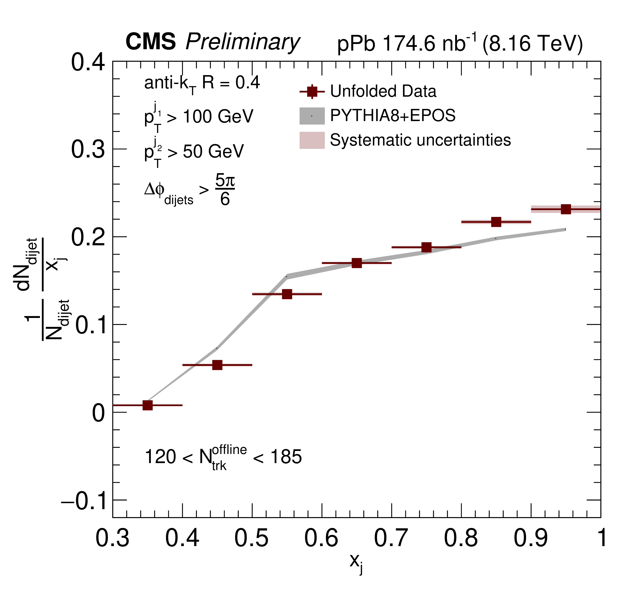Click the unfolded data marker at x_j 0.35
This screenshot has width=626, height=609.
(x=148, y=405)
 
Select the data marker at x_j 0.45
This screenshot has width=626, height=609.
(x=217, y=365)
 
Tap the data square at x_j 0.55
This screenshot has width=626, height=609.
(x=287, y=294)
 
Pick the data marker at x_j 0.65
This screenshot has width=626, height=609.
(x=357, y=263)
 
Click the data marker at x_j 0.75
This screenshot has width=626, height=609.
(x=426, y=247)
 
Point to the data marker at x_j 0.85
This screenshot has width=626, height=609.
(x=496, y=222)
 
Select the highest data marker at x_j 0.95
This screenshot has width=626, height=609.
(x=566, y=209)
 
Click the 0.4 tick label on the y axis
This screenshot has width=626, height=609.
(x=88, y=62)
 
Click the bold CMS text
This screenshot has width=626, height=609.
(x=150, y=41)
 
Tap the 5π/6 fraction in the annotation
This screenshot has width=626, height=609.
(x=225, y=190)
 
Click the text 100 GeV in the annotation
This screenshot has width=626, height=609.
(x=218, y=117)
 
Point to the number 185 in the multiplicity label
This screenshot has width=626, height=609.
(x=286, y=457)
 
